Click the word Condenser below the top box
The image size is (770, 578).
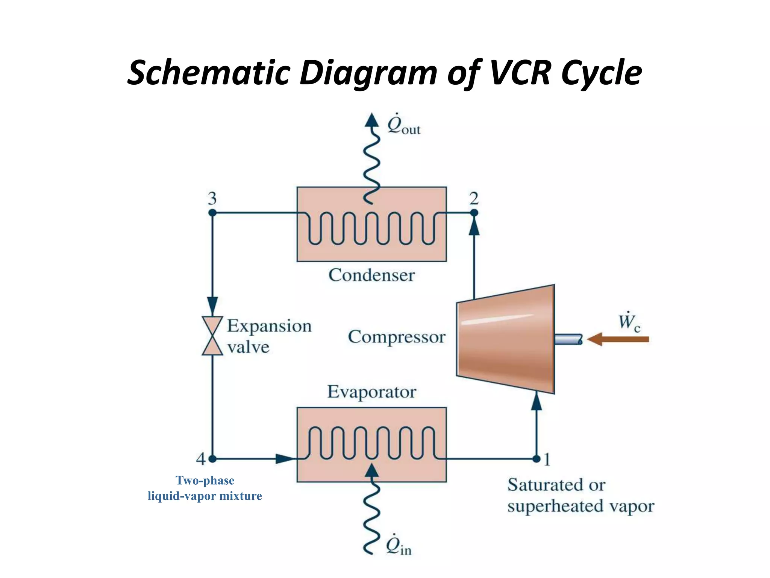[371, 275]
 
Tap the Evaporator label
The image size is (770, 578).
[371, 392]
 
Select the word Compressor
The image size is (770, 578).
[396, 337]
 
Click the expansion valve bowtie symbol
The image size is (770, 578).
[212, 336]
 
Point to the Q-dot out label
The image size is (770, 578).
[403, 125]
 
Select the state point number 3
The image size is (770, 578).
[212, 198]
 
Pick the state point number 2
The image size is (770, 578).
[474, 198]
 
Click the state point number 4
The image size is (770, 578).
[201, 459]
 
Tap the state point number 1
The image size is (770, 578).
[547, 459]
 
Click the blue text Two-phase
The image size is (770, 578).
[205, 481]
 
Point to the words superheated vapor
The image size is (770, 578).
[581, 506]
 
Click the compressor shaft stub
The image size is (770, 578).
[568, 339]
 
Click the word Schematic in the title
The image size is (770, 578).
[209, 72]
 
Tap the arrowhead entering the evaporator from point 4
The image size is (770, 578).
[285, 459]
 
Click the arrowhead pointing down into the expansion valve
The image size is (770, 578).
[212, 305]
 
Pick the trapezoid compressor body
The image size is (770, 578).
[506, 339]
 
